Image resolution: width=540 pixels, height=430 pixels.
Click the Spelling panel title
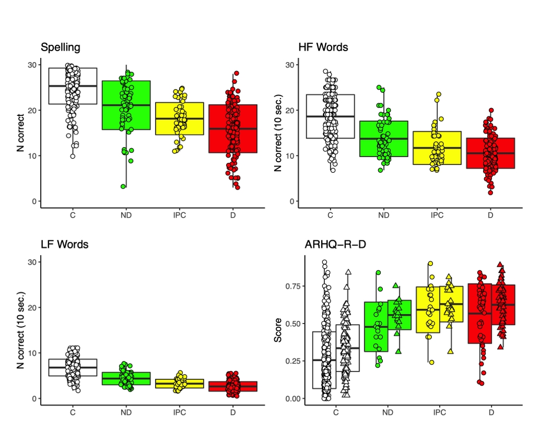61,47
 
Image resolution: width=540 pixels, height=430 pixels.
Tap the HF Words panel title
323,47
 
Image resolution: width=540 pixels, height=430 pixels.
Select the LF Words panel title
64,245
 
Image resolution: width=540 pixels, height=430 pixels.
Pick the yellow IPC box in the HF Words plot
437,148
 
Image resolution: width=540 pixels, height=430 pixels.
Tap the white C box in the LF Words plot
72,367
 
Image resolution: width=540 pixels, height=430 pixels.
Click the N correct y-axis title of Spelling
20,133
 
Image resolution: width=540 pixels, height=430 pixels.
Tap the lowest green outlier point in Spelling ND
123,186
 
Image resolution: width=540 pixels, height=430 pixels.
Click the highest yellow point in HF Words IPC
438,94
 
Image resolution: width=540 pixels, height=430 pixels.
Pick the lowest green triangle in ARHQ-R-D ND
399,351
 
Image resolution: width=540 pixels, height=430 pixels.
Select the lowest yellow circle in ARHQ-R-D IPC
432,362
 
